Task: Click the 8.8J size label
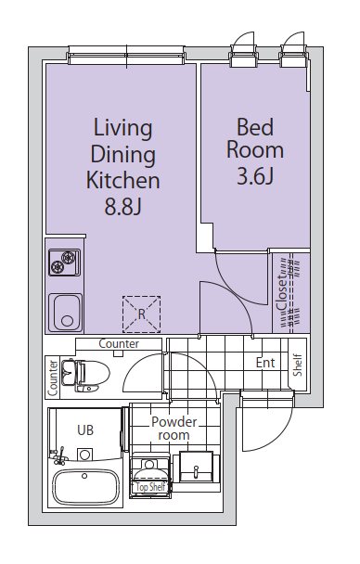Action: pyautogui.click(x=122, y=206)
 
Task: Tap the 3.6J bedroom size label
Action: pyautogui.click(x=255, y=176)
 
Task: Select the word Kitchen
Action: pyautogui.click(x=123, y=180)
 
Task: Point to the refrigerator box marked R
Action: pyautogui.click(x=141, y=314)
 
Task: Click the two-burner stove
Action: pyautogui.click(x=64, y=263)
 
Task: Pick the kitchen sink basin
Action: pyautogui.click(x=66, y=313)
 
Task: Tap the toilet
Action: pyautogui.click(x=85, y=375)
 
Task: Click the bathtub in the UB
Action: pyautogui.click(x=85, y=487)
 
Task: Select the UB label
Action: pyautogui.click(x=85, y=429)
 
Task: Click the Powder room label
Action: pyautogui.click(x=174, y=428)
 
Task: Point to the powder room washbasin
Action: pyautogui.click(x=196, y=467)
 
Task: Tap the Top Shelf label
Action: pyautogui.click(x=150, y=487)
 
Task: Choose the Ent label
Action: pyautogui.click(x=265, y=363)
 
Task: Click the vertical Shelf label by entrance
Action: pyautogui.click(x=298, y=365)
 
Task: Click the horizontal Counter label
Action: pyautogui.click(x=119, y=344)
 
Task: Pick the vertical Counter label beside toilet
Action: pyautogui.click(x=53, y=378)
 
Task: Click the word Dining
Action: pyautogui.click(x=123, y=155)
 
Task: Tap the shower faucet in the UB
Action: pyautogui.click(x=59, y=455)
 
